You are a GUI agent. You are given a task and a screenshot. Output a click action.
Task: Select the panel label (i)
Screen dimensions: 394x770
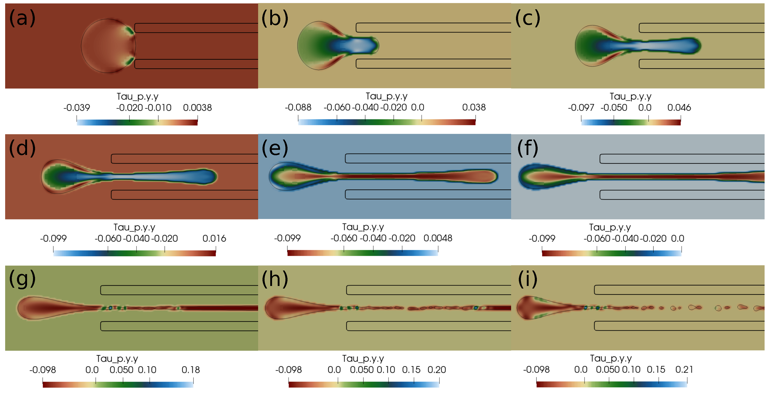click(528, 279)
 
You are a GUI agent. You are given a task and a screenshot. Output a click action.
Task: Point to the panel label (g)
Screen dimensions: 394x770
click(22, 279)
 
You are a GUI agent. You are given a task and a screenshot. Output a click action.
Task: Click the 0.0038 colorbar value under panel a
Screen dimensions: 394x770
click(197, 108)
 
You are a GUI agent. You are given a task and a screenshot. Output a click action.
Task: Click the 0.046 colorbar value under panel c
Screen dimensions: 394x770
click(679, 108)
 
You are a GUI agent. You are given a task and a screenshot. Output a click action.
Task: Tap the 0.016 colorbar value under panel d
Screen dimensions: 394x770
click(214, 239)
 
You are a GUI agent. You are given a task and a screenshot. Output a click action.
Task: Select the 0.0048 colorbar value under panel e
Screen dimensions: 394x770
click(438, 238)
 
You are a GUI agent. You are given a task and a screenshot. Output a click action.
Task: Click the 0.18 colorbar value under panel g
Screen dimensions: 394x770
click(191, 370)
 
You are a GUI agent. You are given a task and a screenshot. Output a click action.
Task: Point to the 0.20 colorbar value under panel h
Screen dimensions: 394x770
click(436, 370)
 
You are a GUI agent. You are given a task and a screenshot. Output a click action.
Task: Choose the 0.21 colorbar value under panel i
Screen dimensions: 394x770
click(684, 370)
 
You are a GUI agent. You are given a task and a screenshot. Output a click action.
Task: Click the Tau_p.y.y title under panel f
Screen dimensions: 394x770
click(610, 228)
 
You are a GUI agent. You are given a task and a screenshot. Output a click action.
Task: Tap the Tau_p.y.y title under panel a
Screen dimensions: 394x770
click(138, 97)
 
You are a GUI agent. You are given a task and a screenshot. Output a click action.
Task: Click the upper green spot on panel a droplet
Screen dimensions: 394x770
click(130, 30)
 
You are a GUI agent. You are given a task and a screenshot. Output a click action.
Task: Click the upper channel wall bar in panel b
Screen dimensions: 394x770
click(433, 28)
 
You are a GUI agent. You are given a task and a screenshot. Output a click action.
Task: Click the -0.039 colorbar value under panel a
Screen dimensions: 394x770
click(77, 108)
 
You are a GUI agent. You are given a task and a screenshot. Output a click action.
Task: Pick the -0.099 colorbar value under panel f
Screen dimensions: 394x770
click(542, 239)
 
